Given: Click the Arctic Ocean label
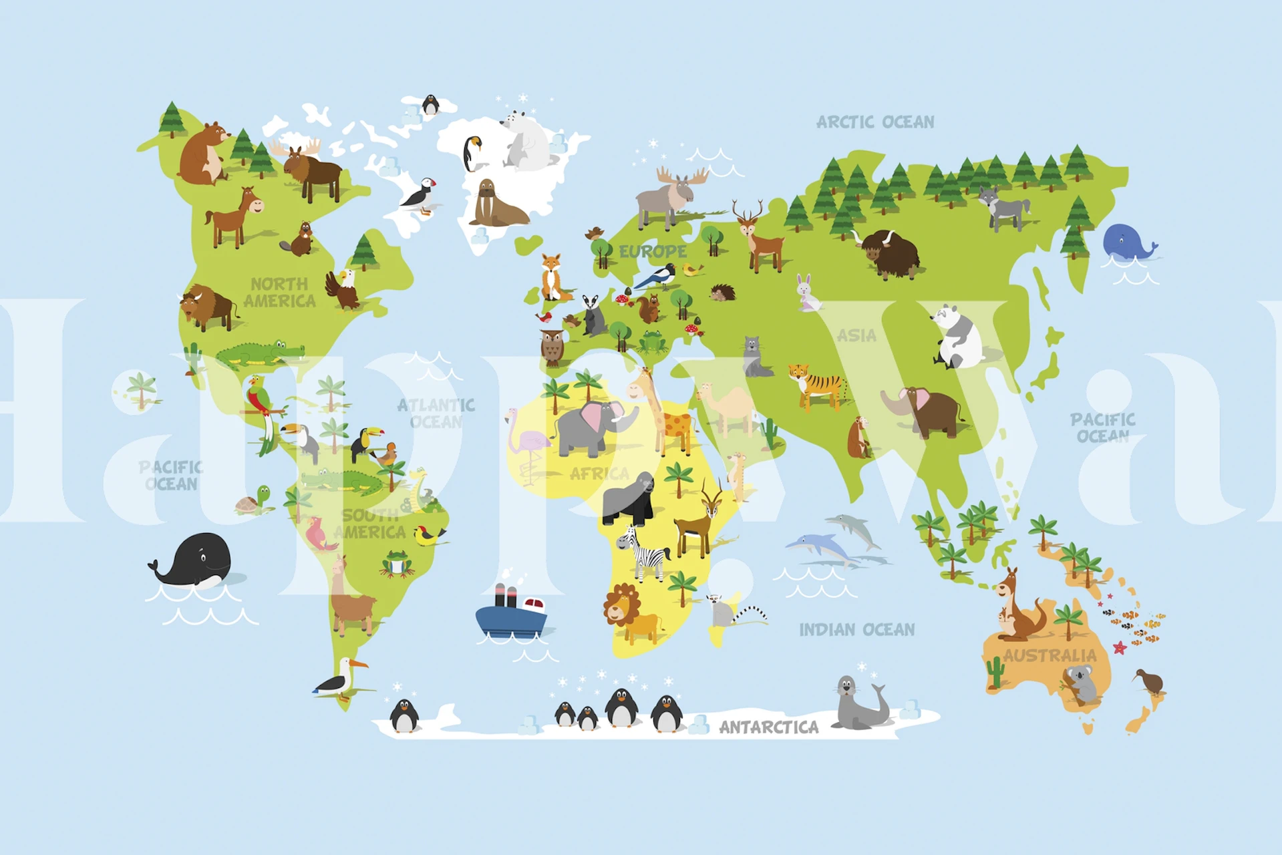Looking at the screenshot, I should click(x=875, y=122).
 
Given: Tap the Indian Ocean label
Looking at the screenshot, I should click(x=856, y=630).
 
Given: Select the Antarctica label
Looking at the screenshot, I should click(x=768, y=727).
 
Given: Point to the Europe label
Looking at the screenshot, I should click(x=652, y=252).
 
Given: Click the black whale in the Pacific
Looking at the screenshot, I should click(x=194, y=561).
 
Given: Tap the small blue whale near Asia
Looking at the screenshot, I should click(x=1128, y=242).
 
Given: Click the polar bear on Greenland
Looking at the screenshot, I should click(x=526, y=141).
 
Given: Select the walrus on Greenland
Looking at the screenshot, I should click(x=496, y=204).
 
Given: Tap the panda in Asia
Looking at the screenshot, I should click(x=957, y=337).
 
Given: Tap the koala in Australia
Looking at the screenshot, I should click(x=1080, y=683).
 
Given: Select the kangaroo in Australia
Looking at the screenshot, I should click(x=1015, y=606).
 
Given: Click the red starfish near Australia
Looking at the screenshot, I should click(x=1120, y=647).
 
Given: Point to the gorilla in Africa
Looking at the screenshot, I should click(x=629, y=500).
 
